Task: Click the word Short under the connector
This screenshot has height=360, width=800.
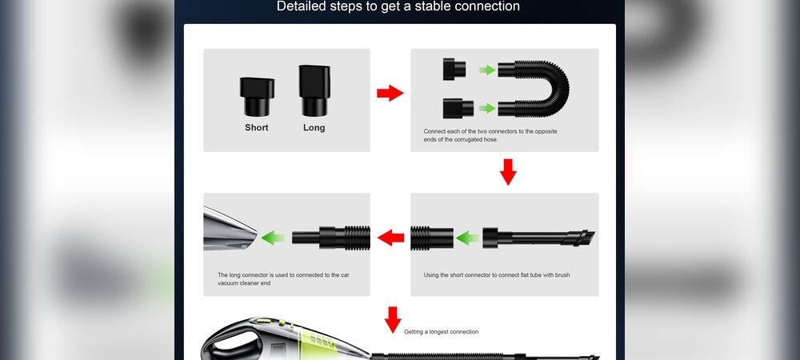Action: (257, 127)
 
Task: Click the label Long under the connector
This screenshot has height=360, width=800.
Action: (314, 127)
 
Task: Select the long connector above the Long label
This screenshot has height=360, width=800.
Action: (313, 90)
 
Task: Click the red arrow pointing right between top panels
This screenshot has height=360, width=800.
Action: (390, 94)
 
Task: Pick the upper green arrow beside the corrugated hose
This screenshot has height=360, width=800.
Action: (487, 70)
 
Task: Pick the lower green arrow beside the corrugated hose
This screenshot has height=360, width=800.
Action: (487, 107)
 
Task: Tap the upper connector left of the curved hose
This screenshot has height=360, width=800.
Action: (454, 70)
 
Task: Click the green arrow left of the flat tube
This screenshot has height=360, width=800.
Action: (466, 237)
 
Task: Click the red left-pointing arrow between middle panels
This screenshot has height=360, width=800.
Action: (390, 237)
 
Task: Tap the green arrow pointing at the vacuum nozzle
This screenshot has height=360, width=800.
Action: (273, 237)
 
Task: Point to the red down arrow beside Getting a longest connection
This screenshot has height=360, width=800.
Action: (392, 319)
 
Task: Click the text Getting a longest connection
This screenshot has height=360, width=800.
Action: (441, 331)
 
